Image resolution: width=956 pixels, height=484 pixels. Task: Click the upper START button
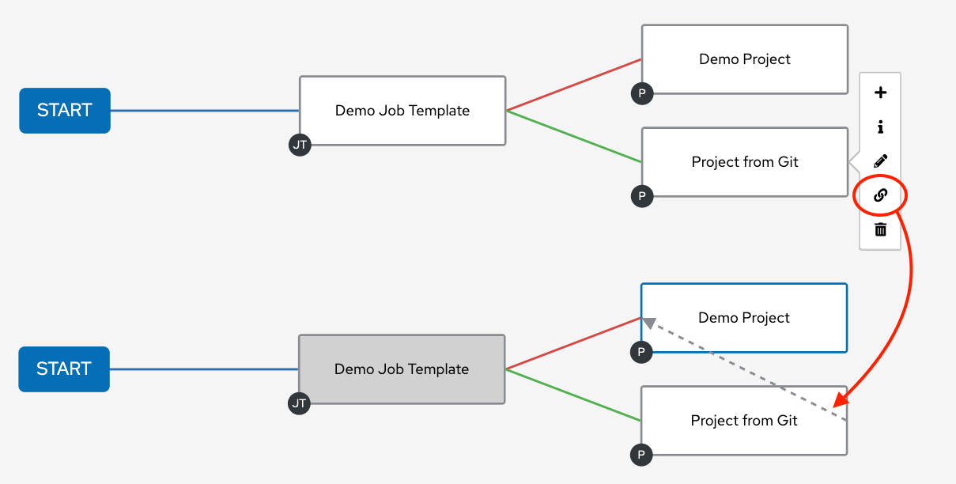65,111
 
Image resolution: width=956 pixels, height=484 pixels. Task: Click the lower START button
64,369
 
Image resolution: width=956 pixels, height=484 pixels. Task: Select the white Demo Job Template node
402,111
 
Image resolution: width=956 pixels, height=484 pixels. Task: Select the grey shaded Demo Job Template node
402,369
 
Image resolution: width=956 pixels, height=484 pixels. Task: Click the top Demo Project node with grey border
745,59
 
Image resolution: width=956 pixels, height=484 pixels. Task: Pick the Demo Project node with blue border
744,318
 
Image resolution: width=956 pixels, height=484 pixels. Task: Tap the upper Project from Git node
745,162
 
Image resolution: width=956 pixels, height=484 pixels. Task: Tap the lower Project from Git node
744,421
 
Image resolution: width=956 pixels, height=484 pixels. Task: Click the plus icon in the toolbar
880,93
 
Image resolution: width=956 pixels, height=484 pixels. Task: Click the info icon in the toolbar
880,127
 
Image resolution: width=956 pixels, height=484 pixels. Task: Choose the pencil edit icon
880,161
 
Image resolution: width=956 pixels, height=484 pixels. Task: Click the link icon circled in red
880,195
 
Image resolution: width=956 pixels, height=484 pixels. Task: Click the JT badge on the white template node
300,145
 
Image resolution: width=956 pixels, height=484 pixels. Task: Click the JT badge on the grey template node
299,403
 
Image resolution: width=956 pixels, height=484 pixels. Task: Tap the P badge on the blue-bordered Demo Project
641,352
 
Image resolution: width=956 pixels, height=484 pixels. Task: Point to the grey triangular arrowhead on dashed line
648,323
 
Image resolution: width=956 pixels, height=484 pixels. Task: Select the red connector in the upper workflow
573,85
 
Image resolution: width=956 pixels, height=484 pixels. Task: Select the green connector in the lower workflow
573,395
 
